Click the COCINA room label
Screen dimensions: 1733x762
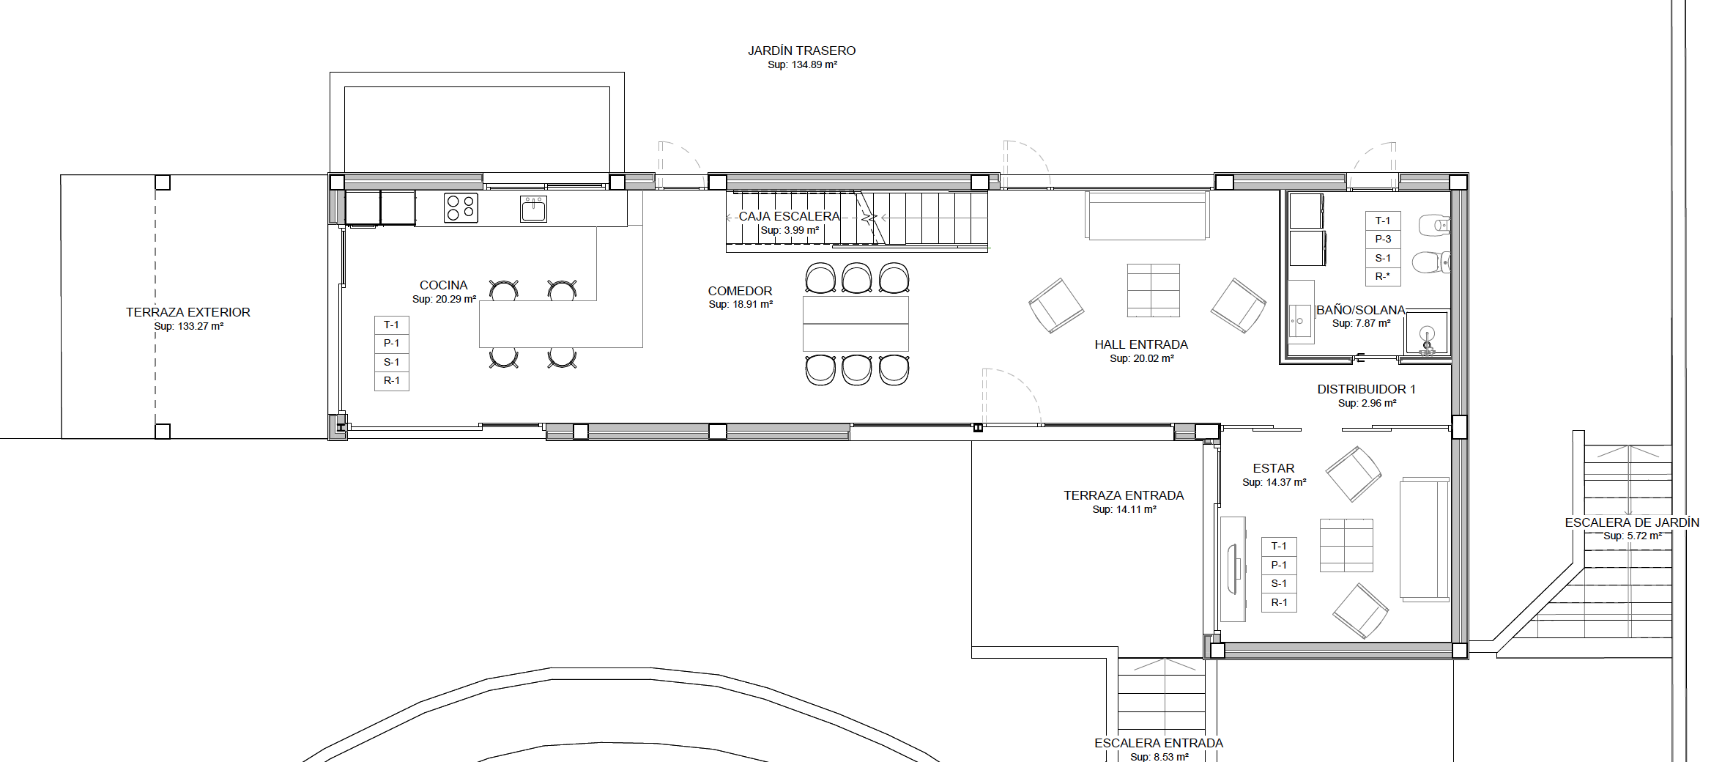pos(443,285)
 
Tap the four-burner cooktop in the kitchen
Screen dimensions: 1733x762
pos(461,207)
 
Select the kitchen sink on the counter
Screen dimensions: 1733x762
pos(533,208)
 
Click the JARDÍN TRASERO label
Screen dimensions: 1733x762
pos(801,51)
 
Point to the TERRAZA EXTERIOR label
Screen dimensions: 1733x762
pos(188,312)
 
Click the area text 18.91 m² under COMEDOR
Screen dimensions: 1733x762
pos(741,304)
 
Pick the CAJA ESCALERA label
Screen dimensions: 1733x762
pos(789,216)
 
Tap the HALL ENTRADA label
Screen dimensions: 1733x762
pos(1141,344)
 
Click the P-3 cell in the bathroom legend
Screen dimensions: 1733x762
pos(1383,239)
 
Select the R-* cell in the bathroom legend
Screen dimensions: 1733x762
pos(1383,276)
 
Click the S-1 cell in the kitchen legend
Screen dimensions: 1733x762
pos(392,362)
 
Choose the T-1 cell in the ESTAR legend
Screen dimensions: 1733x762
pos(1279,546)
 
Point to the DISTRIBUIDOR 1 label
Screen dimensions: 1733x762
pos(1366,389)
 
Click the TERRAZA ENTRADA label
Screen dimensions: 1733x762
pos(1124,495)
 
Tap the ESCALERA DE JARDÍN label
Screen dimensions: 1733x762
pos(1632,522)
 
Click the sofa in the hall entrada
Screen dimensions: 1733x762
pos(1147,215)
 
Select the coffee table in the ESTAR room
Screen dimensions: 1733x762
pos(1346,545)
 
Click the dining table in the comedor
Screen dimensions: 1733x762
pos(856,323)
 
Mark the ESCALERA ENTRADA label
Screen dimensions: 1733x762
pos(1159,743)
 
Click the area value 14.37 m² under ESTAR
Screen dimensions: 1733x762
pos(1274,482)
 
